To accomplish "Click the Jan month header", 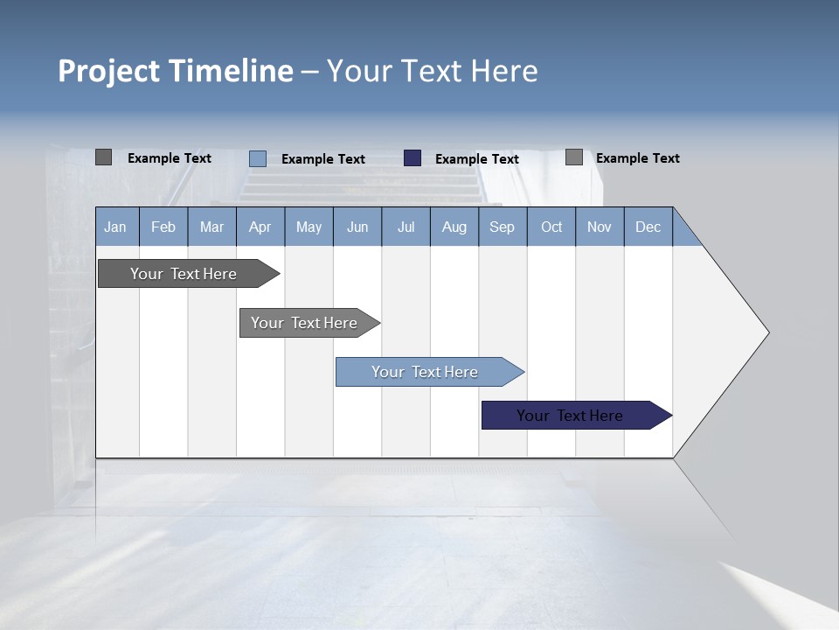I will (x=115, y=227).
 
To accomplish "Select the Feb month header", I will (x=163, y=227).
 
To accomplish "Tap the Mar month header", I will (x=211, y=227).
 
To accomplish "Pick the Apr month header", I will (x=260, y=227).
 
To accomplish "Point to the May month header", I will (x=309, y=227).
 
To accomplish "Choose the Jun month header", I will (x=357, y=227).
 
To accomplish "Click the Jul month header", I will (x=406, y=227).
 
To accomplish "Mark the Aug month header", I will (x=454, y=227).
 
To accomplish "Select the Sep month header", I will (x=503, y=227).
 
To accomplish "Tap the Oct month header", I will (x=551, y=227).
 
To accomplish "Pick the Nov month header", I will (x=600, y=227).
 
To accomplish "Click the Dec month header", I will (x=648, y=227).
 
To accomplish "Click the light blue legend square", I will (x=258, y=158).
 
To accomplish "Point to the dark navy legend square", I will (x=413, y=158).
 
